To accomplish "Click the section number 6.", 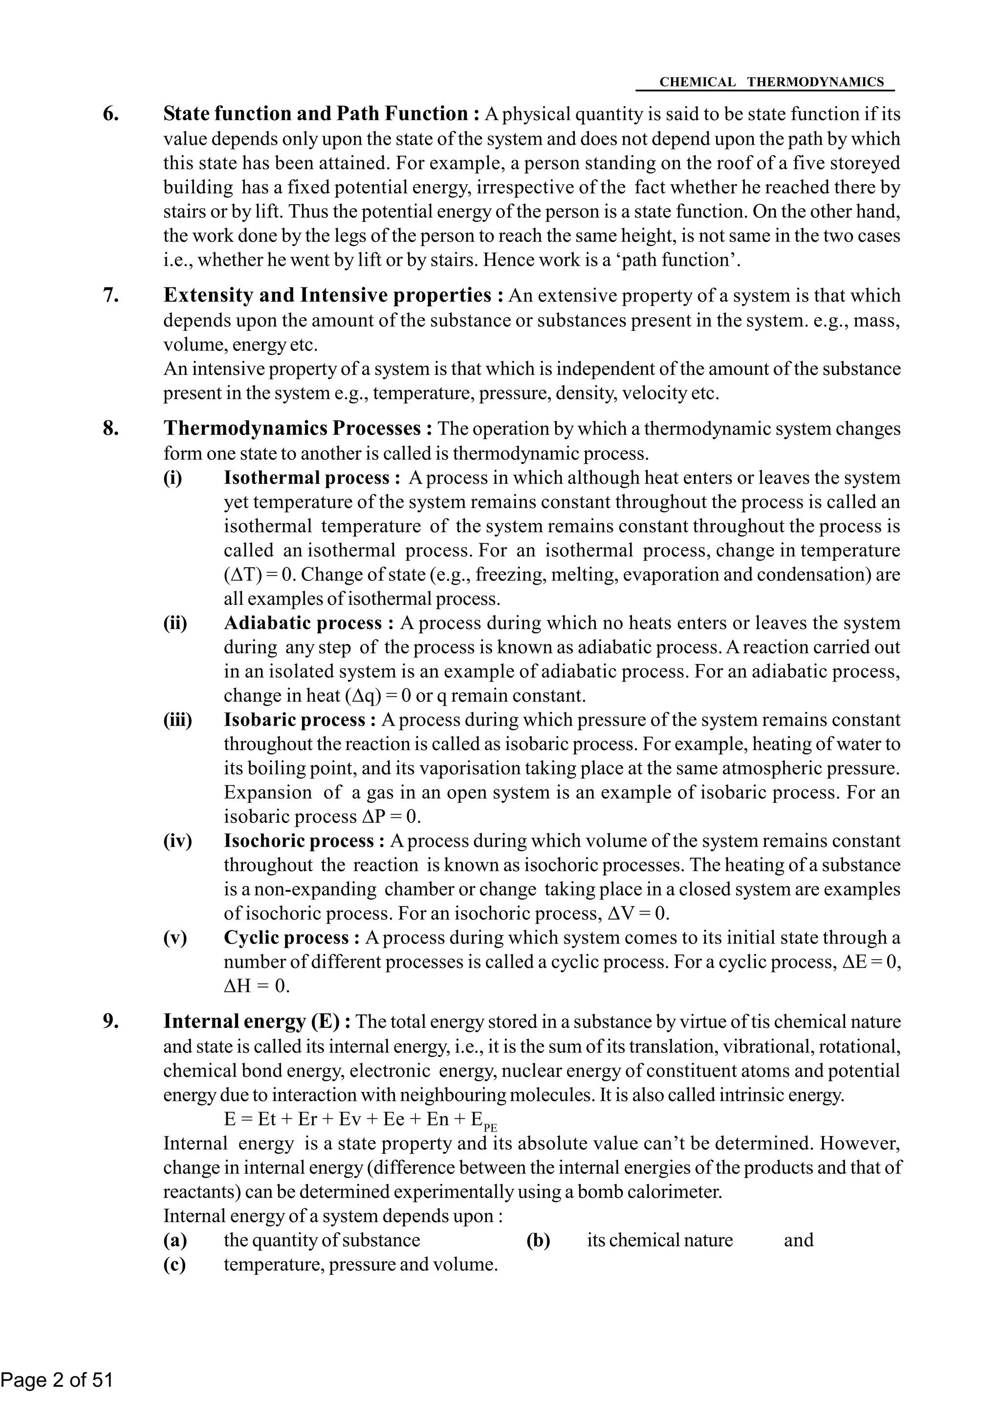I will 110,114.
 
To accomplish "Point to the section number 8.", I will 110,429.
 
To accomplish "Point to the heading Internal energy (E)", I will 257,1022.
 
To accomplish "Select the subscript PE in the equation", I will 490,1127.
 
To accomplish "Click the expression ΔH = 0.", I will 257,986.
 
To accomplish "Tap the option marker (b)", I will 538,1241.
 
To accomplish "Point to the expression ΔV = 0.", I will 638,913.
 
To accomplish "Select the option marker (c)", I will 174,1265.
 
